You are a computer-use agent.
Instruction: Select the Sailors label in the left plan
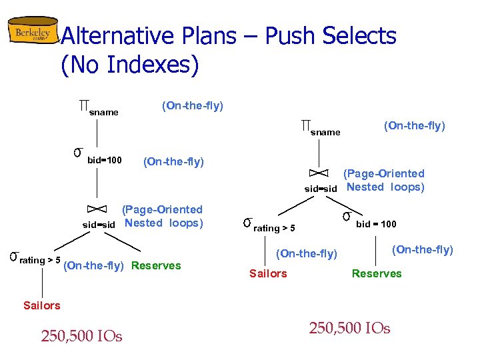[41, 305]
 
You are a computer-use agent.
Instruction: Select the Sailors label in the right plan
[268, 273]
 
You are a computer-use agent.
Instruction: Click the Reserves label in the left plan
[156, 265]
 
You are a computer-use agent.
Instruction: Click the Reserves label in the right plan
[377, 273]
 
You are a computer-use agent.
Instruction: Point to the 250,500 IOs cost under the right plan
[349, 328]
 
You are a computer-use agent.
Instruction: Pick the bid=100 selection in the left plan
[104, 161]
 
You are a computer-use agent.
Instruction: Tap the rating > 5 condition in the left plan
[40, 260]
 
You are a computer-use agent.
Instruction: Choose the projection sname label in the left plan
[103, 112]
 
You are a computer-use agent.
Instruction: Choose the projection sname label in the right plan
[325, 132]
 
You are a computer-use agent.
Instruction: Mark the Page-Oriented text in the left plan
[162, 209]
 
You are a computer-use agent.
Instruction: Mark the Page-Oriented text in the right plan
[384, 173]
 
